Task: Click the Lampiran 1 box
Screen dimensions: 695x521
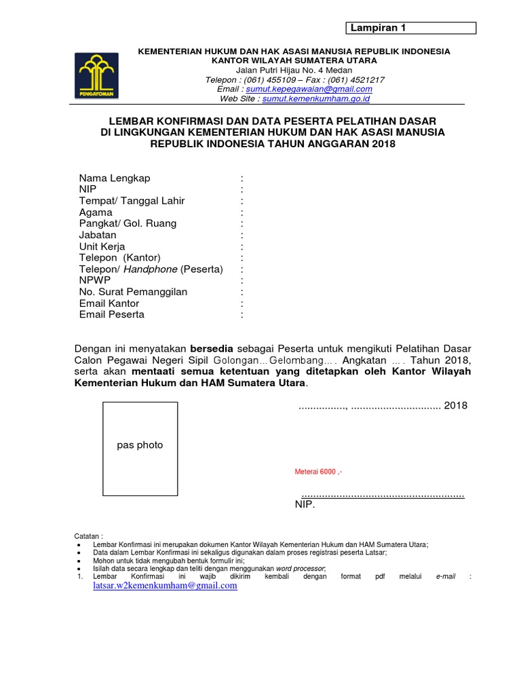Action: [x=412, y=28]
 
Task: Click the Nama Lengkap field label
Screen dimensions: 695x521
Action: [x=115, y=178]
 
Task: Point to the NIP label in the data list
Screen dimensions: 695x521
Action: [x=88, y=189]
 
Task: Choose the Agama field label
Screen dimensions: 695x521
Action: [x=96, y=212]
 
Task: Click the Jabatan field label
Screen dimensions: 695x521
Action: [x=98, y=235]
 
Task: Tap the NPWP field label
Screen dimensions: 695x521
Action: [x=94, y=280]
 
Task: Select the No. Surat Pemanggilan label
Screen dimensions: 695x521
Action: [x=133, y=292]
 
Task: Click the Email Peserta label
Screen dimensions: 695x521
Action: [x=112, y=314]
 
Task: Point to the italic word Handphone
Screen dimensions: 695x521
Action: [x=151, y=269]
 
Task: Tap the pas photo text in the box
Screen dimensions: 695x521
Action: [x=140, y=445]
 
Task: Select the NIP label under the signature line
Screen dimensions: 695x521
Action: [x=305, y=505]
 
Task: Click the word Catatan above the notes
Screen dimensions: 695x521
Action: [x=89, y=536]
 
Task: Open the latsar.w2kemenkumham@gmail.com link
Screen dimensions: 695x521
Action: [x=165, y=586]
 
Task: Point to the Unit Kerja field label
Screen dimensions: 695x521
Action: [x=102, y=246]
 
